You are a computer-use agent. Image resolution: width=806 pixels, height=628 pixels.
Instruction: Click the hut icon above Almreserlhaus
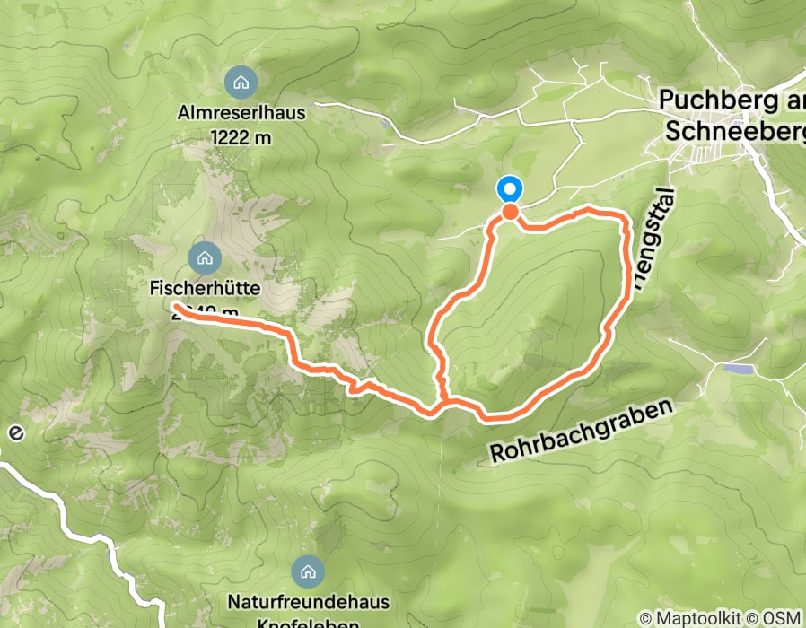(x=240, y=83)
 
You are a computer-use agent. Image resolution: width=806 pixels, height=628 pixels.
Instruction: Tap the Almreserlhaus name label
(x=241, y=115)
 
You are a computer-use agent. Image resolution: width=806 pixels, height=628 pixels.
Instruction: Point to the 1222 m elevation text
(x=241, y=137)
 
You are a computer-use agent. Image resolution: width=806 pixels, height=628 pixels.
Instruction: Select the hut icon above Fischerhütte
(x=205, y=258)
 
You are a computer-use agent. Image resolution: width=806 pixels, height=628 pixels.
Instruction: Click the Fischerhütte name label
(x=205, y=290)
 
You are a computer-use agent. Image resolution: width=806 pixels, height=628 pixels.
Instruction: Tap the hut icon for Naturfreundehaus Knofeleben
(x=308, y=571)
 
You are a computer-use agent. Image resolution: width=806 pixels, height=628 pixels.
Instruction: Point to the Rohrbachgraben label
(x=581, y=432)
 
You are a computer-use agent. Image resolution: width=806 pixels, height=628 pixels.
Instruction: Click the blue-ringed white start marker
(x=509, y=189)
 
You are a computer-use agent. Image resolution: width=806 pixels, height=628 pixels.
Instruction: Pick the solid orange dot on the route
(x=509, y=212)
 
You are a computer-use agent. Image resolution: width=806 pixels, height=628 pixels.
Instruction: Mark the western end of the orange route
(x=174, y=308)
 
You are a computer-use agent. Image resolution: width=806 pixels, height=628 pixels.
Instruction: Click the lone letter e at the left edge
(x=13, y=432)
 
